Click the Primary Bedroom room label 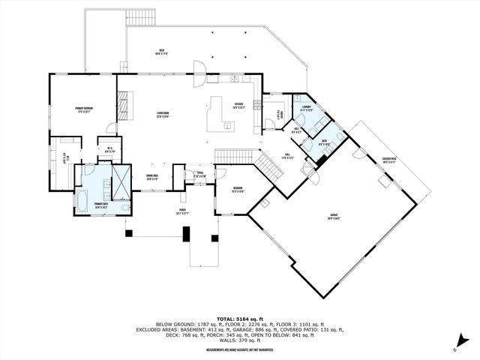78,110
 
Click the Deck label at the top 161,51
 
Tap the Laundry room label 307,107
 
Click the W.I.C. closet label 109,149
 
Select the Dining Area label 151,178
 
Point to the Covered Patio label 389,159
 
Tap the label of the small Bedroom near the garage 237,188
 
